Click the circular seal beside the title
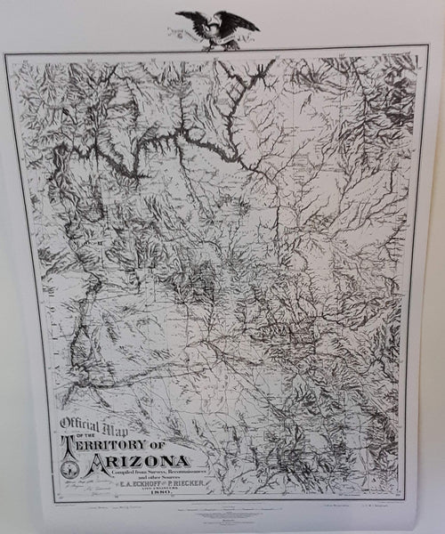(69, 466)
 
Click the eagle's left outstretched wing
(190, 19)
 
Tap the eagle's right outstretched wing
(241, 20)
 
